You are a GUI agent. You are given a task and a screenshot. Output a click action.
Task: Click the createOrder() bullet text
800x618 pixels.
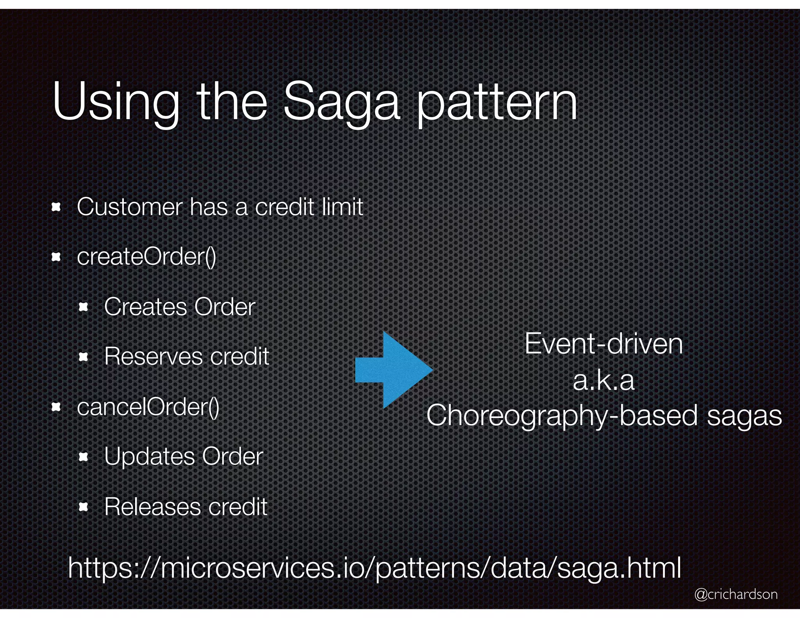[146, 257]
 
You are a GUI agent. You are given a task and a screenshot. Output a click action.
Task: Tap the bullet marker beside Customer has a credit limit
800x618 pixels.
[56, 207]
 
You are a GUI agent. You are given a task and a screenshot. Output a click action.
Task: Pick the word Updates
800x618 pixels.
[150, 457]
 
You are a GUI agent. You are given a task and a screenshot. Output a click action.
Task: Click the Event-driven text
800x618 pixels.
[604, 344]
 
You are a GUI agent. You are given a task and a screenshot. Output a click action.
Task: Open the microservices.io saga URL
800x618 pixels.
[374, 568]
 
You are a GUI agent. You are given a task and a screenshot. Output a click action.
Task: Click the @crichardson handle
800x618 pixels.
[736, 594]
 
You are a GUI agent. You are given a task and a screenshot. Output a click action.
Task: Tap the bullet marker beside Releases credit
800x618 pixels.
[83, 507]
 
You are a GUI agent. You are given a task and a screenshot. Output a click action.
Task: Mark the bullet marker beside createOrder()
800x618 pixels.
[56, 257]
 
